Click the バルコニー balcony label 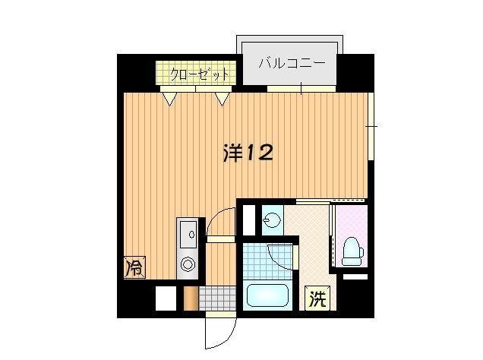[292, 64]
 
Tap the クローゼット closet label [198, 74]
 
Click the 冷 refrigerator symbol [134, 267]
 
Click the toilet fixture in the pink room [351, 250]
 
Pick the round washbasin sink [271, 221]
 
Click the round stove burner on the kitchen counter [187, 265]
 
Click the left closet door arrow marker [171, 97]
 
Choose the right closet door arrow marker [222, 97]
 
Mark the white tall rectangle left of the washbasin [248, 219]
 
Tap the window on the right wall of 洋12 [370, 125]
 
